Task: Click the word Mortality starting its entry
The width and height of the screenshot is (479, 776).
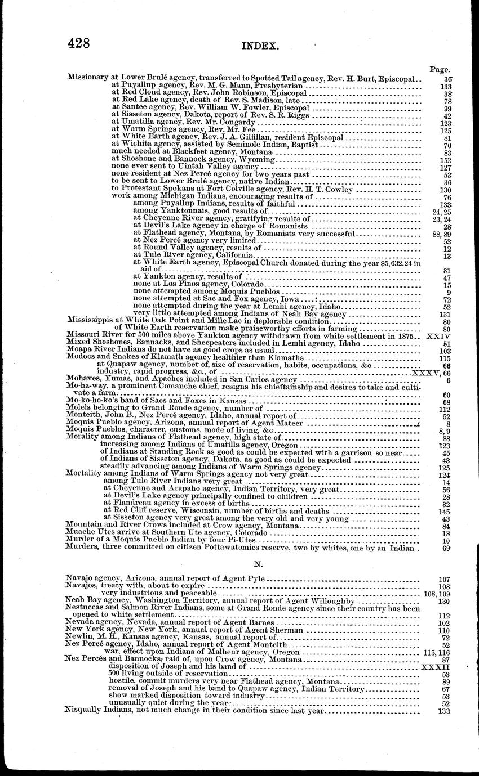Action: tap(84, 474)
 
